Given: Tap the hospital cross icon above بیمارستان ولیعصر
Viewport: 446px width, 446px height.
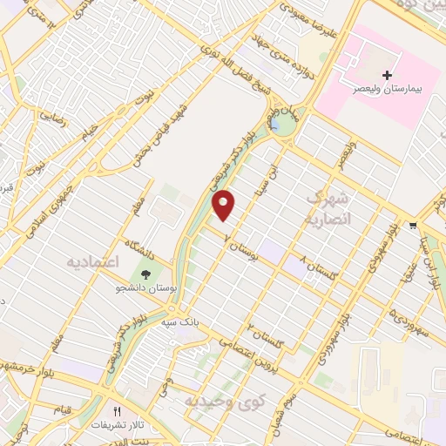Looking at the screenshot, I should tap(387, 76).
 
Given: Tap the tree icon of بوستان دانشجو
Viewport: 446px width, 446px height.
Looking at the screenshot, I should tap(145, 273).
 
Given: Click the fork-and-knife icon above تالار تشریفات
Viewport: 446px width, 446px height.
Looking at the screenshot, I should tap(118, 410).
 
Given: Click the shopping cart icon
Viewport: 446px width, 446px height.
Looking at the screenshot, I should tap(410, 226).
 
